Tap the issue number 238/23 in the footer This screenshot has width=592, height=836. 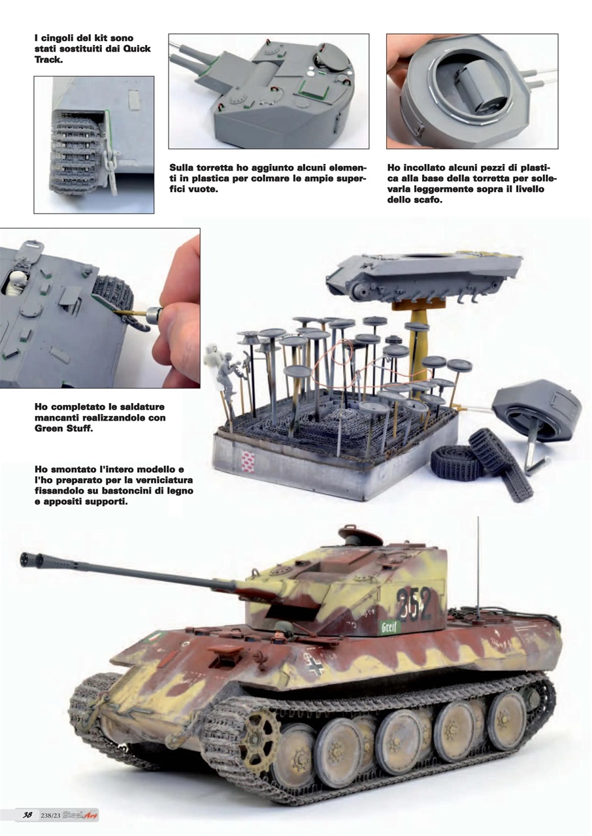click(53, 815)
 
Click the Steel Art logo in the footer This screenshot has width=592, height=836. click(83, 815)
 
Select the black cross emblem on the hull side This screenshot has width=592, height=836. click(315, 665)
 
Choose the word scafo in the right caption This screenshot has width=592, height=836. click(429, 200)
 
